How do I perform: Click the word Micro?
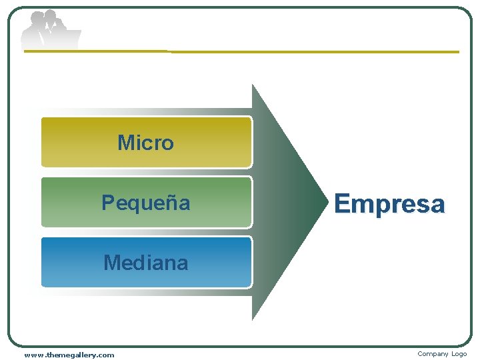pyautogui.click(x=145, y=143)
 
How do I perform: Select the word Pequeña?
pyautogui.click(x=145, y=203)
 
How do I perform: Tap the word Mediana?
pyautogui.click(x=145, y=263)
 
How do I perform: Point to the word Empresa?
pyautogui.click(x=389, y=203)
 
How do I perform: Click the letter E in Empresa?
pyautogui.click(x=342, y=203)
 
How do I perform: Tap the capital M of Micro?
pyautogui.click(x=125, y=143)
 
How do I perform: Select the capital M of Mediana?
pyautogui.click(x=111, y=263)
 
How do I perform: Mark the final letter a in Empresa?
pyautogui.click(x=437, y=205)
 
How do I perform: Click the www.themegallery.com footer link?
pyautogui.click(x=69, y=355)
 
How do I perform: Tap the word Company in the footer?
pyautogui.click(x=432, y=354)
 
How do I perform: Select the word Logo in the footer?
pyautogui.click(x=459, y=354)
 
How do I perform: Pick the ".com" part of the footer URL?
pyautogui.click(x=105, y=355)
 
